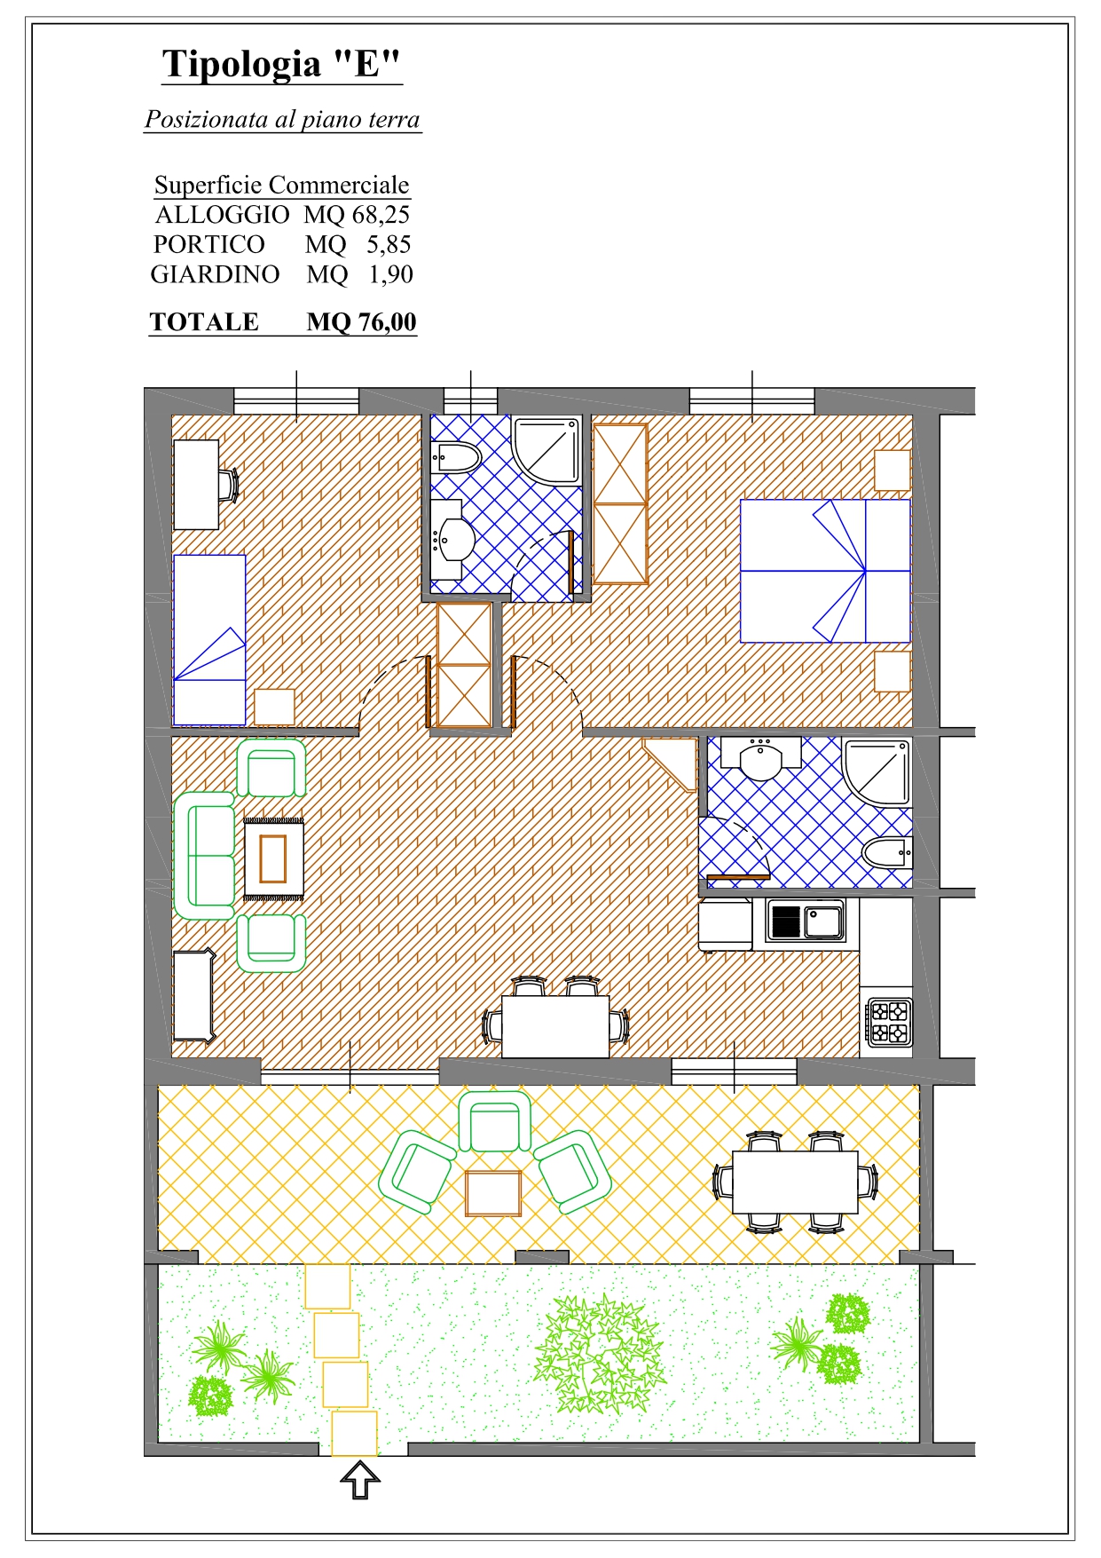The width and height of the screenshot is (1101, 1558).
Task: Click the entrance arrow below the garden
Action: pyautogui.click(x=359, y=1480)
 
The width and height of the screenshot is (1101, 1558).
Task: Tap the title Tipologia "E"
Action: pyautogui.click(x=281, y=64)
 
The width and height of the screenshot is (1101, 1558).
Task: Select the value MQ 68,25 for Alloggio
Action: pyautogui.click(x=357, y=214)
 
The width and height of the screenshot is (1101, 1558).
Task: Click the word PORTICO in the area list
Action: pyautogui.click(x=208, y=244)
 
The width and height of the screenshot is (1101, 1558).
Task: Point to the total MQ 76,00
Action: pyautogui.click(x=361, y=321)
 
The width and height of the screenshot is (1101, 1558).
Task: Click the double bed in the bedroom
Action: pyautogui.click(x=825, y=571)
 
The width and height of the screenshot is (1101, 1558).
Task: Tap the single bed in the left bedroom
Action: pyautogui.click(x=209, y=639)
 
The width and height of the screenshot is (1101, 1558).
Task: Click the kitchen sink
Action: pyautogui.click(x=806, y=921)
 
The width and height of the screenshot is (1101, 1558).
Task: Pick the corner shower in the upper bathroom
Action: pyautogui.click(x=547, y=450)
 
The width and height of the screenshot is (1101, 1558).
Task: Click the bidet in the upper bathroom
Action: pyautogui.click(x=456, y=457)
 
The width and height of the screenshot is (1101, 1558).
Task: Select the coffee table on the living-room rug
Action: pyautogui.click(x=273, y=858)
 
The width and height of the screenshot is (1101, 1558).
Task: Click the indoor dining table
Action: pyautogui.click(x=555, y=1026)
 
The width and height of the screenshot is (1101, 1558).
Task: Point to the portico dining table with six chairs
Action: pyautogui.click(x=795, y=1182)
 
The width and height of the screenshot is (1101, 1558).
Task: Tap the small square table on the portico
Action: pyautogui.click(x=493, y=1193)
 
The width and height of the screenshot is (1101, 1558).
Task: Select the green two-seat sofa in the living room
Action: pyautogui.click(x=204, y=856)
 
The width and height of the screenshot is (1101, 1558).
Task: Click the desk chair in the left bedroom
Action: pyautogui.click(x=229, y=485)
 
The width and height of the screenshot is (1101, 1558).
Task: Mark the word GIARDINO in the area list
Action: pyautogui.click(x=215, y=274)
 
